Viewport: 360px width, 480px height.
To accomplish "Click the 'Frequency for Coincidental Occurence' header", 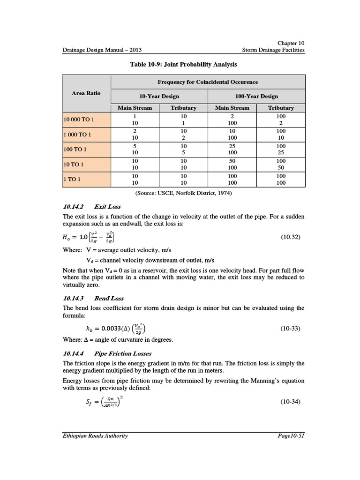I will [x=208, y=82].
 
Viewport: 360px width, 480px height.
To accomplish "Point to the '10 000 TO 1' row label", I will [x=79, y=120].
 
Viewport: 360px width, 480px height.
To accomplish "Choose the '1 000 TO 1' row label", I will [x=77, y=135].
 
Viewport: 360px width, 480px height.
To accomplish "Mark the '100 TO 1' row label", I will [x=75, y=150].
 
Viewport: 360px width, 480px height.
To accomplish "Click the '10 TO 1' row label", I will [x=74, y=165].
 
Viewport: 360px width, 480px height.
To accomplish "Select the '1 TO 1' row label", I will [x=72, y=180].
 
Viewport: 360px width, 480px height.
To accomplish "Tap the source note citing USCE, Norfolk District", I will [x=184, y=193].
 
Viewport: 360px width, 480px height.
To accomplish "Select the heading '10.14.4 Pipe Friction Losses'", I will [x=107, y=353].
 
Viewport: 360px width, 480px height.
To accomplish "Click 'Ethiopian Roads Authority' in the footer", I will [x=95, y=435].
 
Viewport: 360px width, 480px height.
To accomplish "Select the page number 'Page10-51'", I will [x=291, y=435].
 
